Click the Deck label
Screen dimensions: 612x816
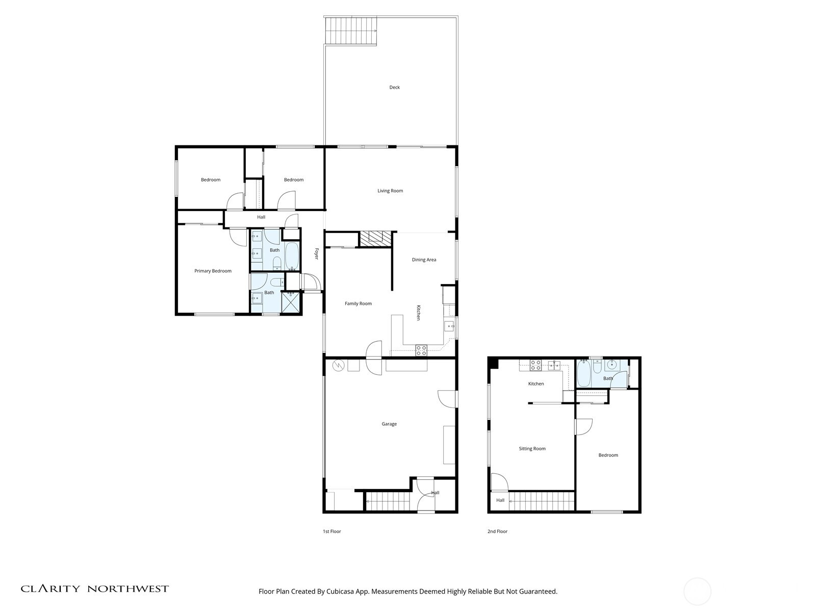[394, 87]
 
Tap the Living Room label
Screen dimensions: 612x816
[390, 191]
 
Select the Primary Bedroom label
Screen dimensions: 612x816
[213, 271]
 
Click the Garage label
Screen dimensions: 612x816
[389, 424]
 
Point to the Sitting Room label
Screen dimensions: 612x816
[532, 449]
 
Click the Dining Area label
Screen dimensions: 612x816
[424, 260]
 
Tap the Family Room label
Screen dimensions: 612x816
[358, 303]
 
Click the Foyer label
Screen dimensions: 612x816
[316, 254]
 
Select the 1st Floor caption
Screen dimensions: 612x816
[331, 531]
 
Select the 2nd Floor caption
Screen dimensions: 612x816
[497, 531]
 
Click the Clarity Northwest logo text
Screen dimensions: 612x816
[94, 589]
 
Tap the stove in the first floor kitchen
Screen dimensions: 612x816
[421, 350]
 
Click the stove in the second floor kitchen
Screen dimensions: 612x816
[535, 365]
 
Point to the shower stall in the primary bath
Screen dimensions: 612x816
[292, 301]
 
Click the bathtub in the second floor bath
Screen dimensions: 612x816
[584, 374]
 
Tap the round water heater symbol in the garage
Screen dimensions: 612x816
[338, 365]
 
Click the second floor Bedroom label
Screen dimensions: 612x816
[608, 455]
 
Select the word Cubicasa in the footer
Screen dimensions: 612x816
[344, 592]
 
